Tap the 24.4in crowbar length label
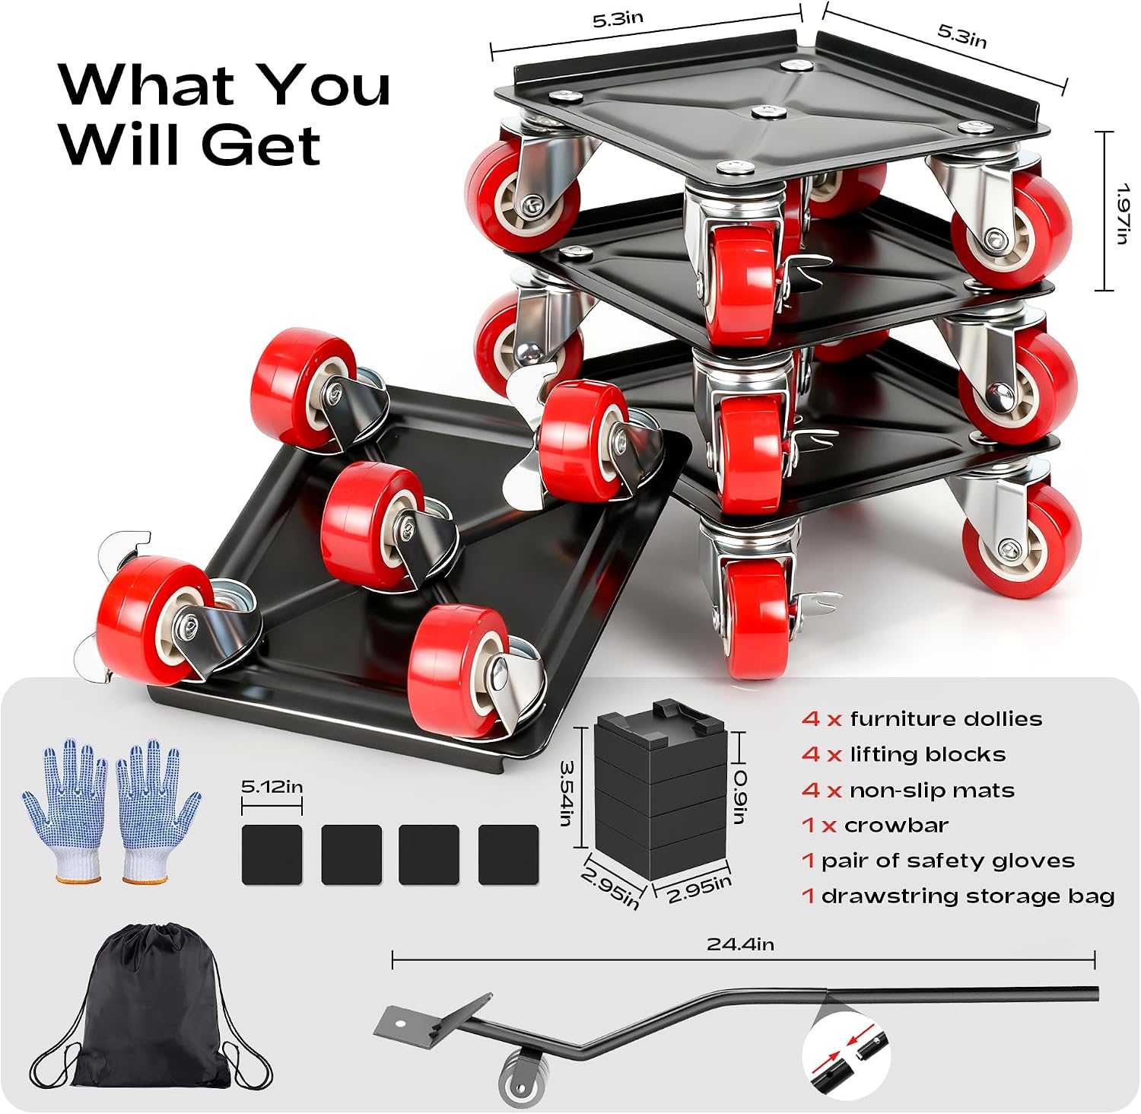pyautogui.click(x=740, y=944)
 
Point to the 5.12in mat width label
pyautogui.click(x=272, y=786)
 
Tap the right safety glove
pyautogui.click(x=157, y=810)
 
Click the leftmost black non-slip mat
pyautogui.click(x=272, y=855)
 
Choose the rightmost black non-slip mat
pyautogui.click(x=508, y=855)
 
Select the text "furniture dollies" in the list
pyautogui.click(x=946, y=719)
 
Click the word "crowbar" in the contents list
pyautogui.click(x=896, y=826)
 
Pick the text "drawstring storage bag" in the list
pyautogui.click(x=968, y=896)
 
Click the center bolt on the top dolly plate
pyautogui.click(x=768, y=113)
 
